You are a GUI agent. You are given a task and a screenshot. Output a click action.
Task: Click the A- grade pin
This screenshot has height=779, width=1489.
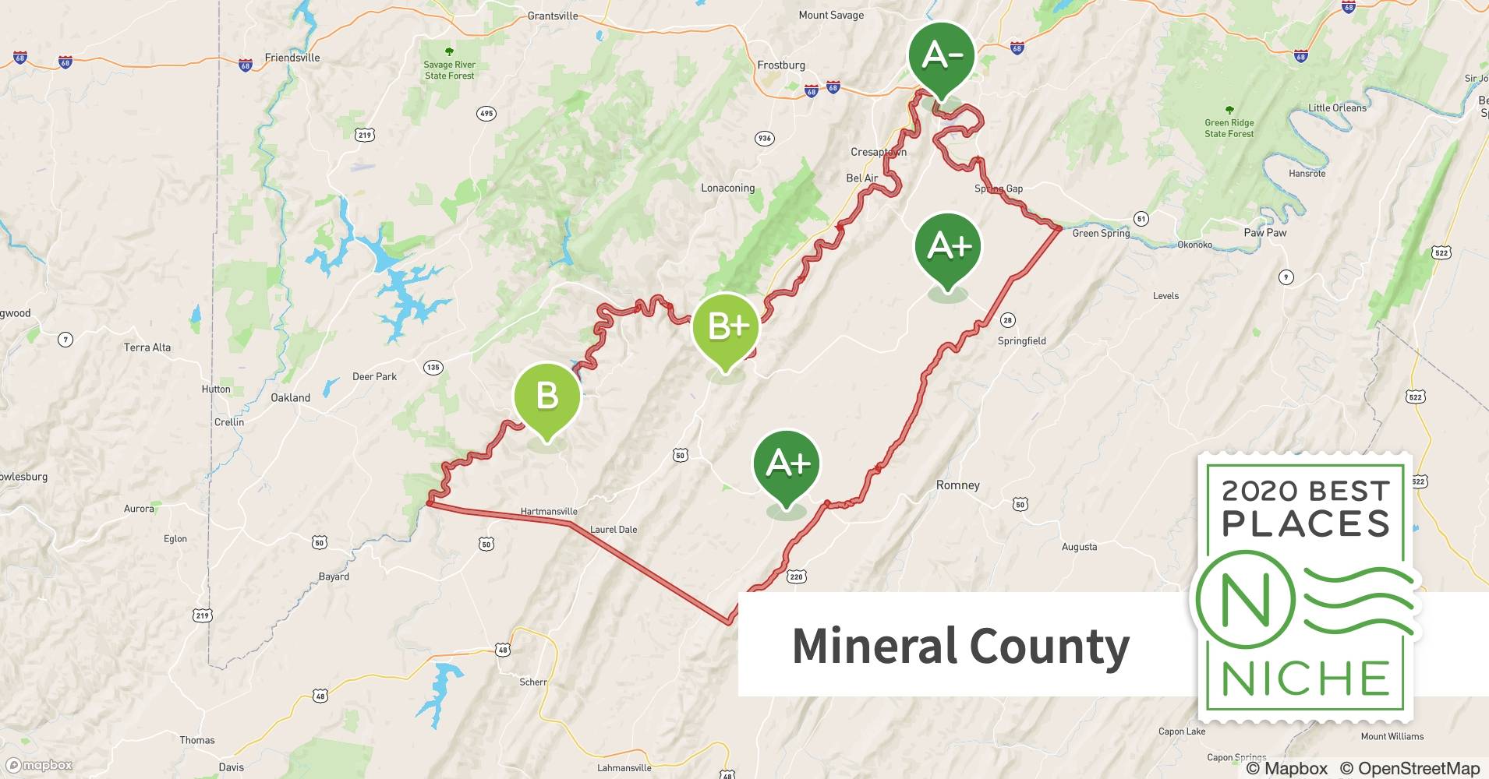pos(942,57)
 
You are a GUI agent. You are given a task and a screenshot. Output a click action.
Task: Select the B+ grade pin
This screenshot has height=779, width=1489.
pos(726,326)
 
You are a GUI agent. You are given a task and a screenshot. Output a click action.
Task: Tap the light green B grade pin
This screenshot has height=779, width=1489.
pos(546,396)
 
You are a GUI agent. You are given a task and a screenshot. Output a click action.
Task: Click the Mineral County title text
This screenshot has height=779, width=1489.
pos(960,646)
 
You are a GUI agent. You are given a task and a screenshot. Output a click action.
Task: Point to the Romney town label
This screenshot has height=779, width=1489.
pos(957,485)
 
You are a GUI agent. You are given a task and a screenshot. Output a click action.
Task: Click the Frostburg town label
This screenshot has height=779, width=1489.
pos(781,65)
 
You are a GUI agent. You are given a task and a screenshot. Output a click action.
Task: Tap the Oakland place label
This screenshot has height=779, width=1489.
pos(290,397)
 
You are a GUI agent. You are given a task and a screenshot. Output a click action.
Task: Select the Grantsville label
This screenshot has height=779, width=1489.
pos(553,16)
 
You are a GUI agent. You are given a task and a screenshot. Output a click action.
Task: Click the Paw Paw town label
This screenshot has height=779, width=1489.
pos(1264,233)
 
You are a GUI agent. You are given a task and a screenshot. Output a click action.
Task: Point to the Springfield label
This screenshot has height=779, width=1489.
pos(1021,341)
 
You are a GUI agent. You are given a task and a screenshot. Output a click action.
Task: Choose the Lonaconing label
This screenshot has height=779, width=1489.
pos(727,189)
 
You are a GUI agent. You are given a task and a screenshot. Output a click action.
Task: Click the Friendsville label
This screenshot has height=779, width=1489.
pos(292,58)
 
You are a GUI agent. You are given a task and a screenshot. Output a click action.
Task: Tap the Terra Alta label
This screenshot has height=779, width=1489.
pos(147,347)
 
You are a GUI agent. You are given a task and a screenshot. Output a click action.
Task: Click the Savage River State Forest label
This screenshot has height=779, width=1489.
pos(450,70)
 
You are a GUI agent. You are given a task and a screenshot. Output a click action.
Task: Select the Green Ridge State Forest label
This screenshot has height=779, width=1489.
pos(1229,128)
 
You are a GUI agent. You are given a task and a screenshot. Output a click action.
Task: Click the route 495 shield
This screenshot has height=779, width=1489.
pos(486,114)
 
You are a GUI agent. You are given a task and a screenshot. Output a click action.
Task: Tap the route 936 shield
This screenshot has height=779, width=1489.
pos(764,139)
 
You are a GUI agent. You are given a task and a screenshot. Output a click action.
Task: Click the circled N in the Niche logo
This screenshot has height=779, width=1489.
pos(1246,599)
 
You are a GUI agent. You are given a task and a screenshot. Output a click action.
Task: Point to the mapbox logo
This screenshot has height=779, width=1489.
pos(39,765)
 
